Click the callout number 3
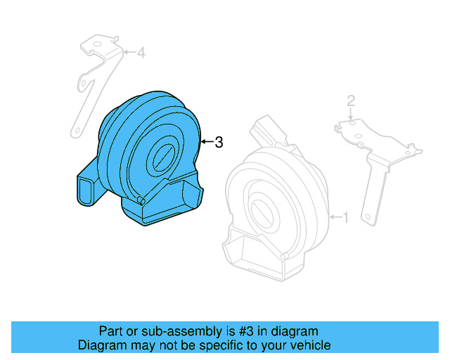(219, 143)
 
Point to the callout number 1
(345, 217)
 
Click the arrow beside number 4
(129, 53)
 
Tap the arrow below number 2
(352, 116)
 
